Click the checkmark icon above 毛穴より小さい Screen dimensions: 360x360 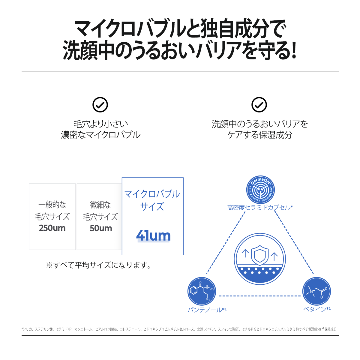100,105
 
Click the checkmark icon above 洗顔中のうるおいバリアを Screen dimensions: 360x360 259,105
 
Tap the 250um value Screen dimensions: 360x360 52,228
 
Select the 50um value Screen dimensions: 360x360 101,228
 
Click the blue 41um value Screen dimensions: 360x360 153,235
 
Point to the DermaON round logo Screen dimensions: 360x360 260,190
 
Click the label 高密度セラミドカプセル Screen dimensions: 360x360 259,208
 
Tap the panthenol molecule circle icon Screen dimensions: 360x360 202,291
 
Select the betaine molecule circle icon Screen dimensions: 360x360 316,291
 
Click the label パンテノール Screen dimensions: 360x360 205,310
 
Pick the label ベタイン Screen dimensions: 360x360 315,309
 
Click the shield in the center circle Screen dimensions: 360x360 260,255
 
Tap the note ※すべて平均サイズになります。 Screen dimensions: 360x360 98,265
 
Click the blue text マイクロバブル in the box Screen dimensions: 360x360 152,194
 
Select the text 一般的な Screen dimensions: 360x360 52,205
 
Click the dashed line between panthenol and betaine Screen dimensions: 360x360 260,296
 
